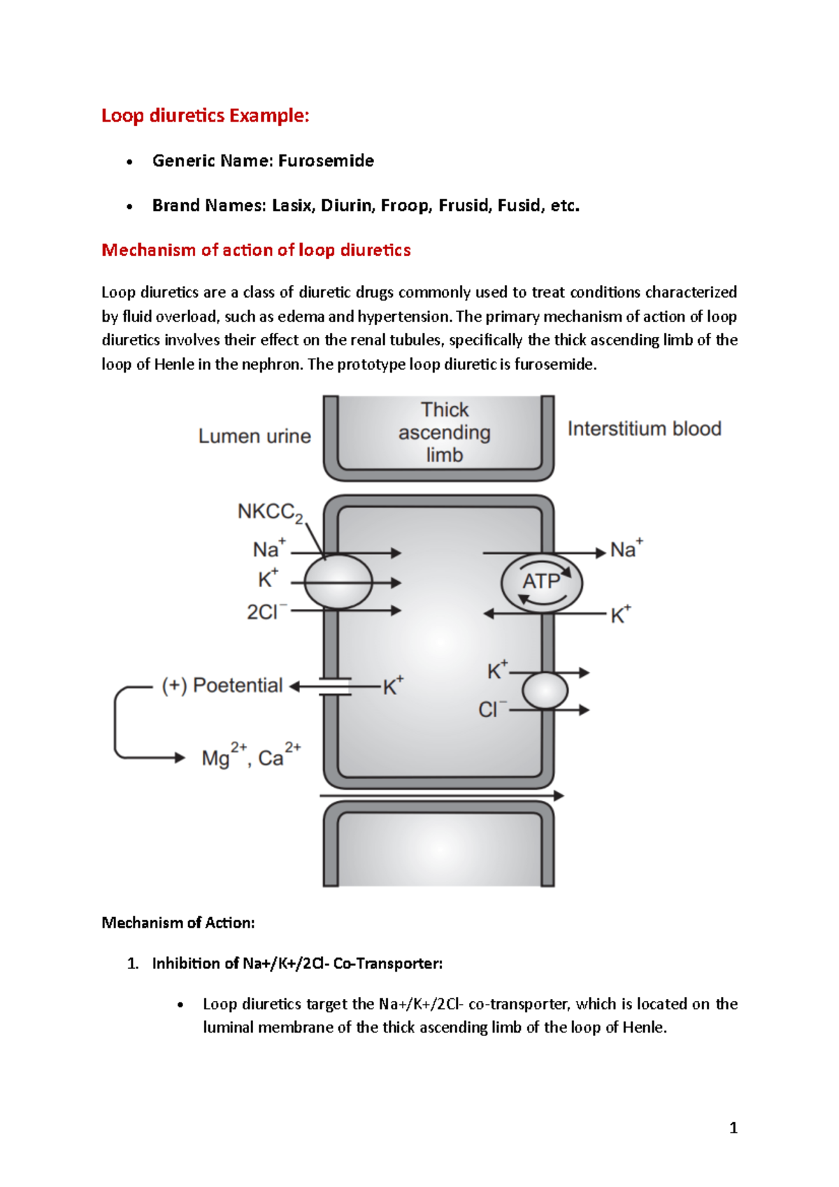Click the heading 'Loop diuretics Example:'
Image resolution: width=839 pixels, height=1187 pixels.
point(205,115)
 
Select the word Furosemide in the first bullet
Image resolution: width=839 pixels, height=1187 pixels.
point(326,161)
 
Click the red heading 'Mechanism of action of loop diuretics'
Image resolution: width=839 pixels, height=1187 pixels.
point(256,250)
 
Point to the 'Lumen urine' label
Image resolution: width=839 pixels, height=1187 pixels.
point(254,436)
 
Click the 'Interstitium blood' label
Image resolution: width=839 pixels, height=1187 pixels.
point(644,429)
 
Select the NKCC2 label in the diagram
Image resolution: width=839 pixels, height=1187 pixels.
point(270,512)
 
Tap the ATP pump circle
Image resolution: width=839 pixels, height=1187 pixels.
point(542,582)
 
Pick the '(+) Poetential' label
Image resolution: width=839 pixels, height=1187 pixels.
point(222,686)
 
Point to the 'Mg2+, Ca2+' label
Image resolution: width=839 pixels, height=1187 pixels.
point(251,757)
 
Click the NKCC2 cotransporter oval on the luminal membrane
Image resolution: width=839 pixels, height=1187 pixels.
point(338,582)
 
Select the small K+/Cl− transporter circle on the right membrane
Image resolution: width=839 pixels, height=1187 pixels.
point(545,691)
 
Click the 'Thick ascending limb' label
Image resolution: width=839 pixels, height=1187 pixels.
point(445,432)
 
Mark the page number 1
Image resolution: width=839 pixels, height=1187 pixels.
point(733,1128)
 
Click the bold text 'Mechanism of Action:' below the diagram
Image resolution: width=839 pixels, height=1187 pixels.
point(178,923)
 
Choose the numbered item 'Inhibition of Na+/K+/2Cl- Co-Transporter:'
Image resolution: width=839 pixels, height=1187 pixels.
point(297,963)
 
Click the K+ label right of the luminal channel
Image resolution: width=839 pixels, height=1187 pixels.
point(393,686)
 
